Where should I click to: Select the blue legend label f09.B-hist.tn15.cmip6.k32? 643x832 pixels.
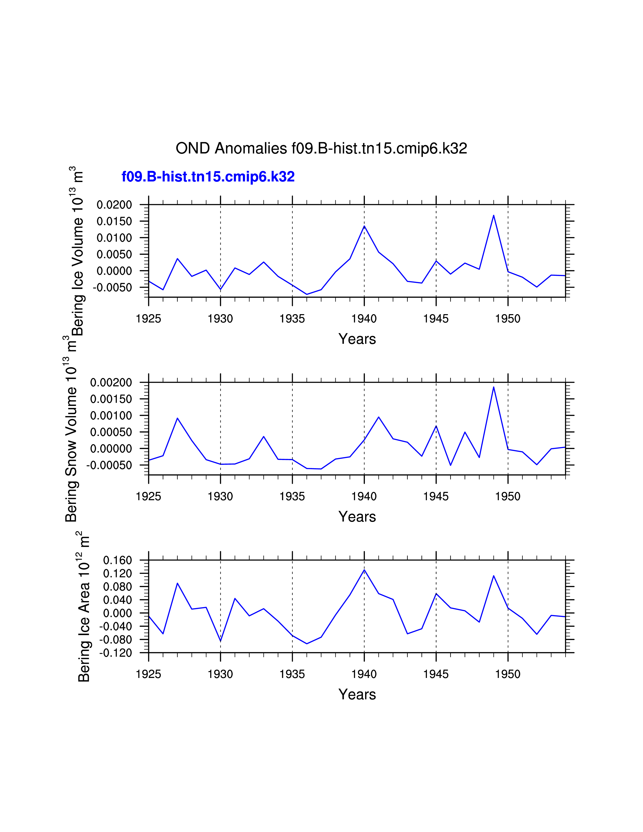pyautogui.click(x=208, y=177)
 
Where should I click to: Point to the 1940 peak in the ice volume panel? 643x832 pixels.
pyautogui.click(x=364, y=226)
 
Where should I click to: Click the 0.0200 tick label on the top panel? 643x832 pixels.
pyautogui.click(x=114, y=205)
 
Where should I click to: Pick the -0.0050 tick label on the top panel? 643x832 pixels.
pyautogui.click(x=112, y=288)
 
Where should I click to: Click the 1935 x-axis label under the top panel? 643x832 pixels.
pyautogui.click(x=292, y=319)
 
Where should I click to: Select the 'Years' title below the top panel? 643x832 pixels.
pyautogui.click(x=357, y=339)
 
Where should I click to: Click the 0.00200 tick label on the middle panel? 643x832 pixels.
pyautogui.click(x=111, y=382)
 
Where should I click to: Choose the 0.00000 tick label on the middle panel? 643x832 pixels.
pyautogui.click(x=111, y=449)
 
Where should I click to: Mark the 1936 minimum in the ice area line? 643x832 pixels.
pyautogui.click(x=307, y=644)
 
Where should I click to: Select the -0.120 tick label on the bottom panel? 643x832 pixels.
pyautogui.click(x=115, y=653)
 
